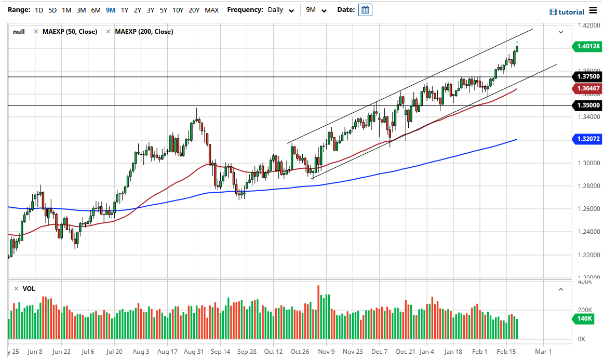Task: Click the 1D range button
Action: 39,10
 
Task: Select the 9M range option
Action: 110,10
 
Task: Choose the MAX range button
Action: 211,10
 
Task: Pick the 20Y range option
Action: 194,10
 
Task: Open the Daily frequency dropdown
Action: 281,10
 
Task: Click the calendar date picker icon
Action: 365,10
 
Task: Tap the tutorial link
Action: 567,12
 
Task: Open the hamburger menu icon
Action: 593,11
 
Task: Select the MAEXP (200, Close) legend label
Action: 144,32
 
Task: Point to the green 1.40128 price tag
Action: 588,46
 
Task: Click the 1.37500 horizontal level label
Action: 588,76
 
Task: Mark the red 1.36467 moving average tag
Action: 588,88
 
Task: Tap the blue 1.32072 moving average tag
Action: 588,139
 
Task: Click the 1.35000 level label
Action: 588,105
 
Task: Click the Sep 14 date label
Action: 220,351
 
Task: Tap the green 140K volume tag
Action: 584,319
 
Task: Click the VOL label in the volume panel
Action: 29,288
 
